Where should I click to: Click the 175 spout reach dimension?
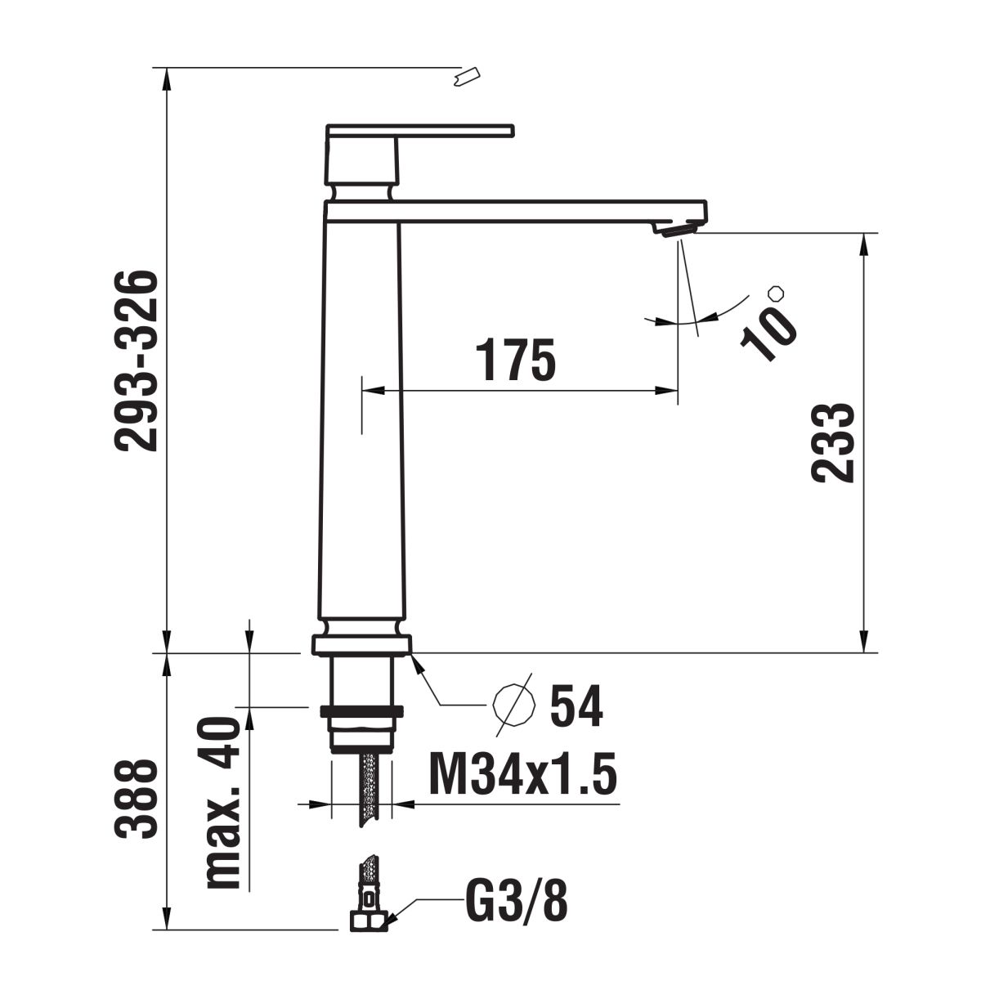click(x=515, y=359)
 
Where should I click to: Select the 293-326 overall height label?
click(x=136, y=361)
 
